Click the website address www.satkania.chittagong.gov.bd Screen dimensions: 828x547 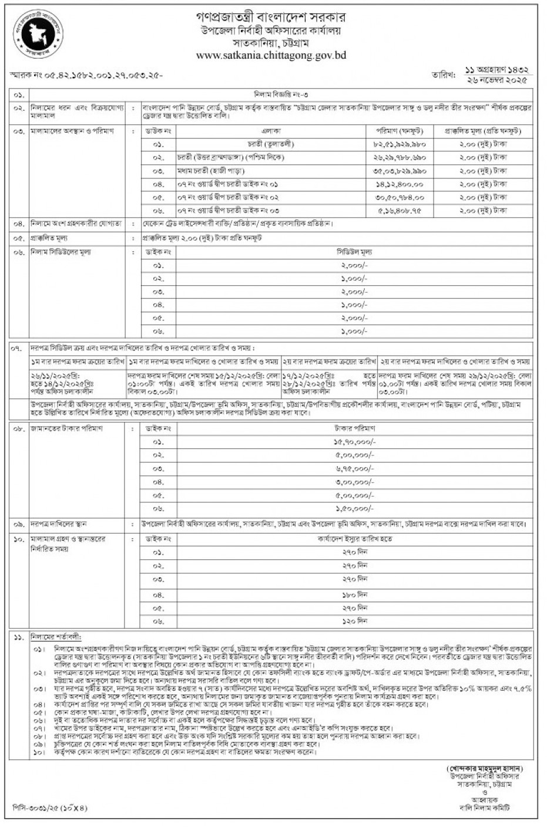point(271,56)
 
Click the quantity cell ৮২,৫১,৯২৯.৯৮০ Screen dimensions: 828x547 point(398,144)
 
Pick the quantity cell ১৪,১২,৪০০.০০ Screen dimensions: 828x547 point(399,184)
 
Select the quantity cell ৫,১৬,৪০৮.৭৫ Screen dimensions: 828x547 point(399,211)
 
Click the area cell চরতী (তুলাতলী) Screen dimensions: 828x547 point(271,144)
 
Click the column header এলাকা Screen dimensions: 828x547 point(271,131)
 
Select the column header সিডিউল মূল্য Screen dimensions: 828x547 point(354,252)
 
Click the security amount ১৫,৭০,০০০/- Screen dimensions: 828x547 point(354,442)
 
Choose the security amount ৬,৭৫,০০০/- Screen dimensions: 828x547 point(354,469)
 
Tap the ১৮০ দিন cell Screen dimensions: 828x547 point(354,594)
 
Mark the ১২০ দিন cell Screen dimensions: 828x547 point(354,620)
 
